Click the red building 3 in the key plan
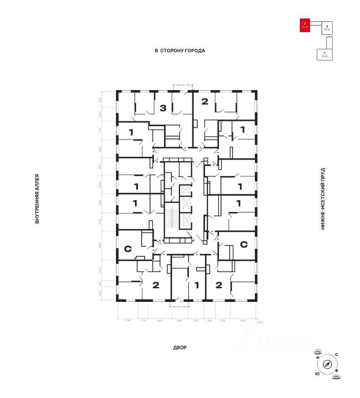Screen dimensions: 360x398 (305, 25)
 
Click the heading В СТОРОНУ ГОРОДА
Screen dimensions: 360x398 (180, 51)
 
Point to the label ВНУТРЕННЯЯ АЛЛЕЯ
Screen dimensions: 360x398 (37, 199)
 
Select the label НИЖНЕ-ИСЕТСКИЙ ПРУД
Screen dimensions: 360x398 (323, 199)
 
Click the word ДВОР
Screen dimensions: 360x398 (180, 347)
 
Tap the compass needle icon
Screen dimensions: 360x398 (328, 364)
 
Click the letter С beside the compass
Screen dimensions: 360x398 (336, 354)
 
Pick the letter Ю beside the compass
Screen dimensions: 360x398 (317, 374)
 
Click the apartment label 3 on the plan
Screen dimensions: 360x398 (163, 109)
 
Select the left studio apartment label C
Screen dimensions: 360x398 (128, 249)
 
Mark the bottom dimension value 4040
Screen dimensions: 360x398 (161, 320)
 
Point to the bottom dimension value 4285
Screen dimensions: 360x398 (243, 320)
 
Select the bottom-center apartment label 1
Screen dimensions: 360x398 (197, 285)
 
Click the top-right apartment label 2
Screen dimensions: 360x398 (204, 101)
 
